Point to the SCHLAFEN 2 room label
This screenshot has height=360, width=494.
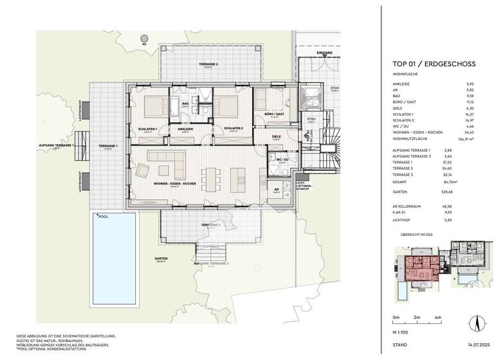point(233,129)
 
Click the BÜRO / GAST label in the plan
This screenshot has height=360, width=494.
point(275,114)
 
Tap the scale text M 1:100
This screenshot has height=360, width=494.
point(403,334)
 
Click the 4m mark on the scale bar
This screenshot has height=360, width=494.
point(437,318)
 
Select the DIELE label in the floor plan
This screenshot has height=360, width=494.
point(276,136)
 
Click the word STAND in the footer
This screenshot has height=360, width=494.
point(399,346)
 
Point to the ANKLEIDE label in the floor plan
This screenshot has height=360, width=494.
point(186,129)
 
